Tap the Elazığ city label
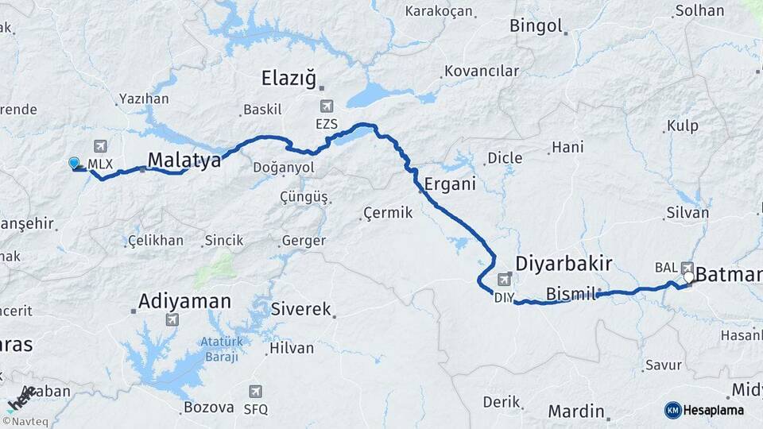pyautogui.click(x=289, y=79)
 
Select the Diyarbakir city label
pyautogui.click(x=563, y=263)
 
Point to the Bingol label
pyautogui.click(x=536, y=25)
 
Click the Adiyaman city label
pyautogui.click(x=184, y=301)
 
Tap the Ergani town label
pyautogui.click(x=450, y=183)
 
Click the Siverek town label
pyautogui.click(x=300, y=309)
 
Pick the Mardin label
pyautogui.click(x=575, y=412)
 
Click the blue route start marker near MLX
pyautogui.click(x=74, y=163)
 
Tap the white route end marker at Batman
pyautogui.click(x=688, y=278)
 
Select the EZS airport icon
pyautogui.click(x=326, y=106)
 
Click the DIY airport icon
pyautogui.click(x=504, y=280)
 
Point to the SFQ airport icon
pyautogui.click(x=255, y=392)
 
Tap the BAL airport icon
pyautogui.click(x=687, y=268)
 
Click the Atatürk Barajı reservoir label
pyautogui.click(x=219, y=350)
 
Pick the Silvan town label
pyautogui.click(x=687, y=213)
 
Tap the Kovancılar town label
pyautogui.click(x=482, y=71)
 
